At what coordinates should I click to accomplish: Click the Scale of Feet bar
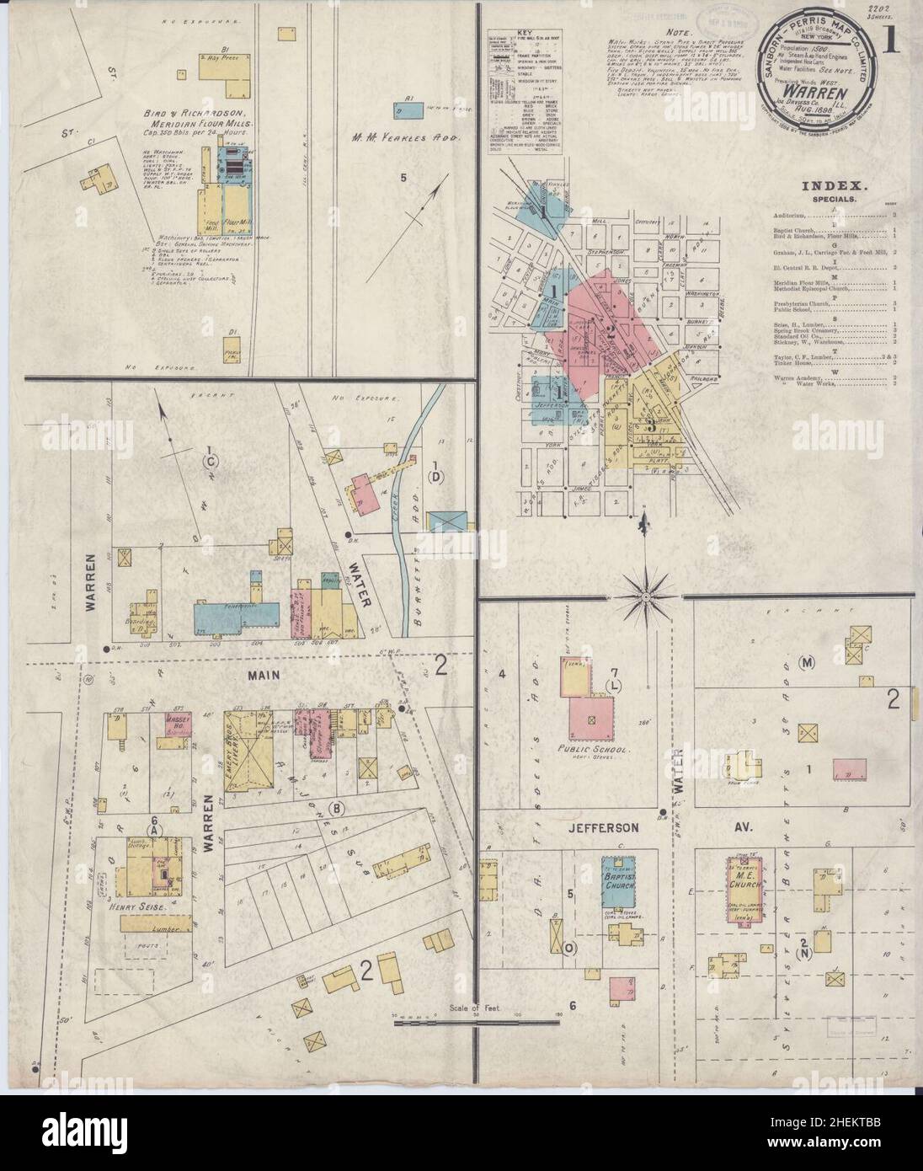click(x=478, y=1022)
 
